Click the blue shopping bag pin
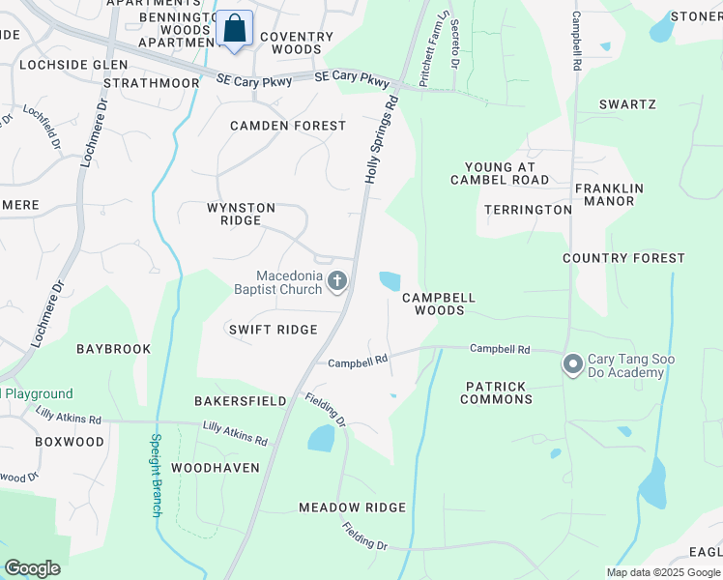(x=234, y=29)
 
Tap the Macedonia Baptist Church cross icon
(x=337, y=281)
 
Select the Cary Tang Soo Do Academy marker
(x=572, y=364)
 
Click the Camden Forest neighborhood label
(x=287, y=126)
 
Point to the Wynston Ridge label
(x=241, y=214)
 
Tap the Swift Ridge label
(x=273, y=330)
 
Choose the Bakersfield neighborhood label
(x=240, y=400)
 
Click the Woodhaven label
(x=216, y=467)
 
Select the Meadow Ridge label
(x=352, y=507)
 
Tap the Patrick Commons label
(x=496, y=392)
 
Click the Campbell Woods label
(x=439, y=304)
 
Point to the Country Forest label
(x=623, y=258)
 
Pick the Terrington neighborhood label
(x=528, y=210)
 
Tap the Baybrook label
(x=114, y=348)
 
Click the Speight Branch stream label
(x=155, y=475)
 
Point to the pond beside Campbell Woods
(x=390, y=281)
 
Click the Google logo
(x=32, y=568)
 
